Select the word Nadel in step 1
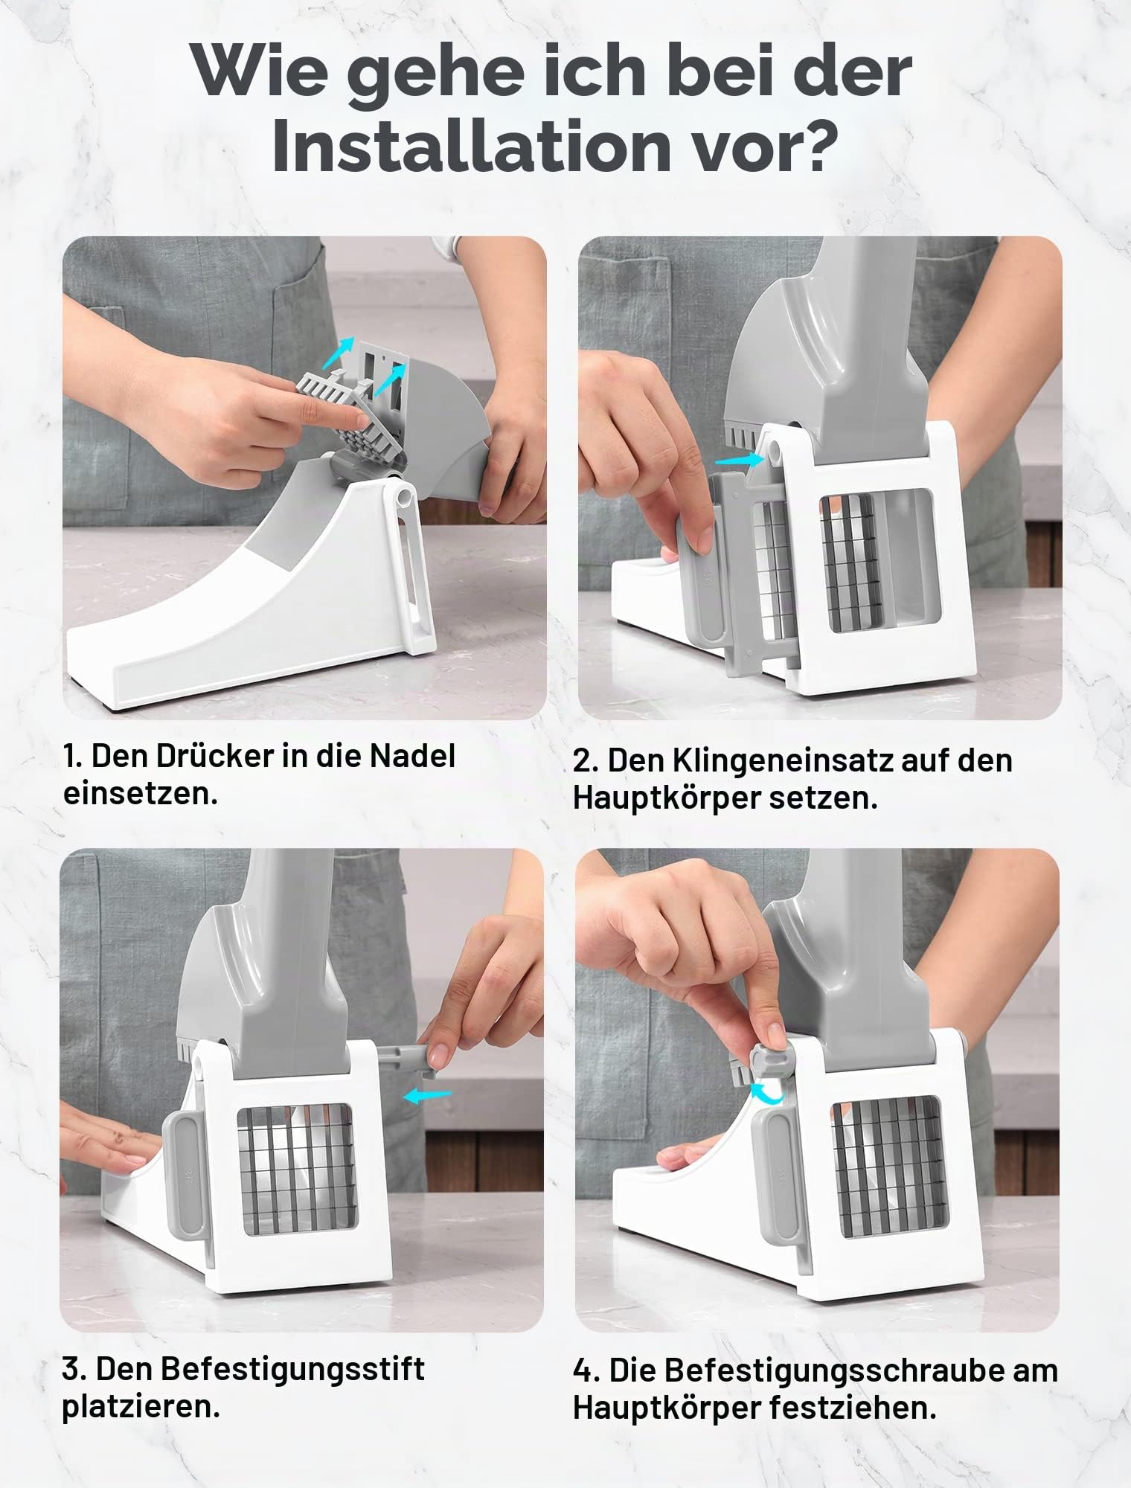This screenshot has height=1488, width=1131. (x=412, y=756)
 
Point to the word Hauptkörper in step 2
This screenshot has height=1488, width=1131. (x=667, y=800)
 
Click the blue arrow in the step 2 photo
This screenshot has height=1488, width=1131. (x=740, y=461)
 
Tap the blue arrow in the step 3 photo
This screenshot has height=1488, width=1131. (x=427, y=1094)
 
